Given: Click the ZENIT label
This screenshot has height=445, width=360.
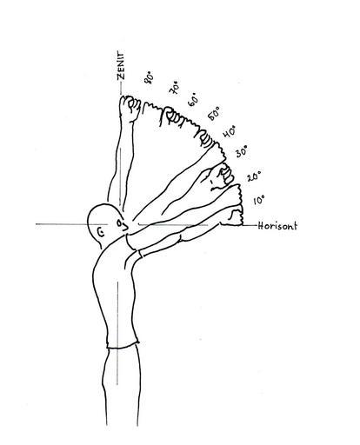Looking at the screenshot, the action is [x=121, y=65].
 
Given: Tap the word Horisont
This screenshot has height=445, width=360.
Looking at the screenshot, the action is [x=277, y=226].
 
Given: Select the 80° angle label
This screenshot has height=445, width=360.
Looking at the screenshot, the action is [x=149, y=77].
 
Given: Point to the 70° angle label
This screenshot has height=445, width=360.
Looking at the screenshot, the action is [x=175, y=88].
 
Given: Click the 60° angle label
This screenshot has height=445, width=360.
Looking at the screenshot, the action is [x=194, y=100].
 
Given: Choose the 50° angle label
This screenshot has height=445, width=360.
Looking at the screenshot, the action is [x=214, y=114].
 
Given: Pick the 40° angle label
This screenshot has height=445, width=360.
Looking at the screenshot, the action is [x=229, y=131].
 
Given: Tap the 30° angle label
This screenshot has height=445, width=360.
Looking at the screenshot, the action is [x=242, y=151].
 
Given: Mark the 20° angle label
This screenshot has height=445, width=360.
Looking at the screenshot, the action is [x=254, y=176].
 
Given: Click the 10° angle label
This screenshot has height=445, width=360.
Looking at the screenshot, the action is [x=258, y=200].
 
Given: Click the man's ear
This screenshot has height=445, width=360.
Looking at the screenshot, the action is [x=100, y=231].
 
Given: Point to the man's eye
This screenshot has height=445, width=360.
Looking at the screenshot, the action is [x=119, y=223].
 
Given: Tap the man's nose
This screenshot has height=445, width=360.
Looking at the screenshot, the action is [x=125, y=226].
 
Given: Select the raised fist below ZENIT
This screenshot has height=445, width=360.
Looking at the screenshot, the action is [x=130, y=109].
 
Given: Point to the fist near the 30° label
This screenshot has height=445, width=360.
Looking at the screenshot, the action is [x=223, y=176].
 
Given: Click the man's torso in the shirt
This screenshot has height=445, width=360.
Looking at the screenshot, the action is [x=116, y=293].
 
